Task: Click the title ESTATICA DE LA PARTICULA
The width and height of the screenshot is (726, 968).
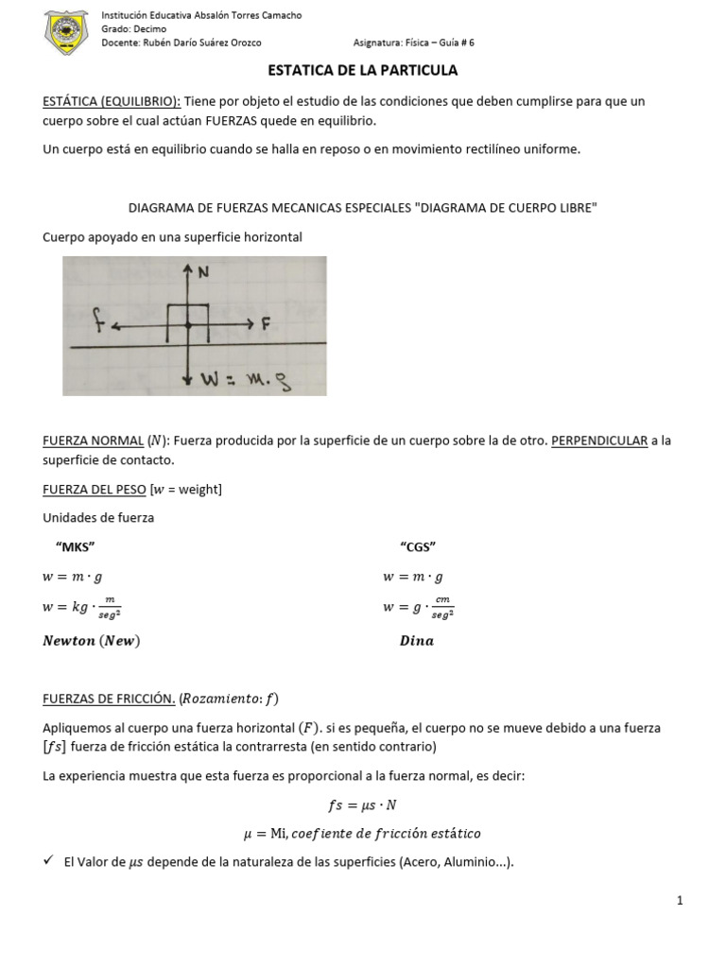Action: point(363,70)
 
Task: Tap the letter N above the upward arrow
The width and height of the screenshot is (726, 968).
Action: point(202,272)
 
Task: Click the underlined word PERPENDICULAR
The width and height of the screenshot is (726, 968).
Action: point(599,441)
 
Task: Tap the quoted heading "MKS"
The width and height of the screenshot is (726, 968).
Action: point(77,547)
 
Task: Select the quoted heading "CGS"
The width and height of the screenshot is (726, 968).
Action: point(418,547)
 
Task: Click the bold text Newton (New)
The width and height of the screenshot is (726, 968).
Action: point(92,641)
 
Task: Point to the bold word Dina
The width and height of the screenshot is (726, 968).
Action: point(416,641)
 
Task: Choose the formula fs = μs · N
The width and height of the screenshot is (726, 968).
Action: point(363,805)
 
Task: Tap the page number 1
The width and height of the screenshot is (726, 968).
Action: point(680,901)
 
